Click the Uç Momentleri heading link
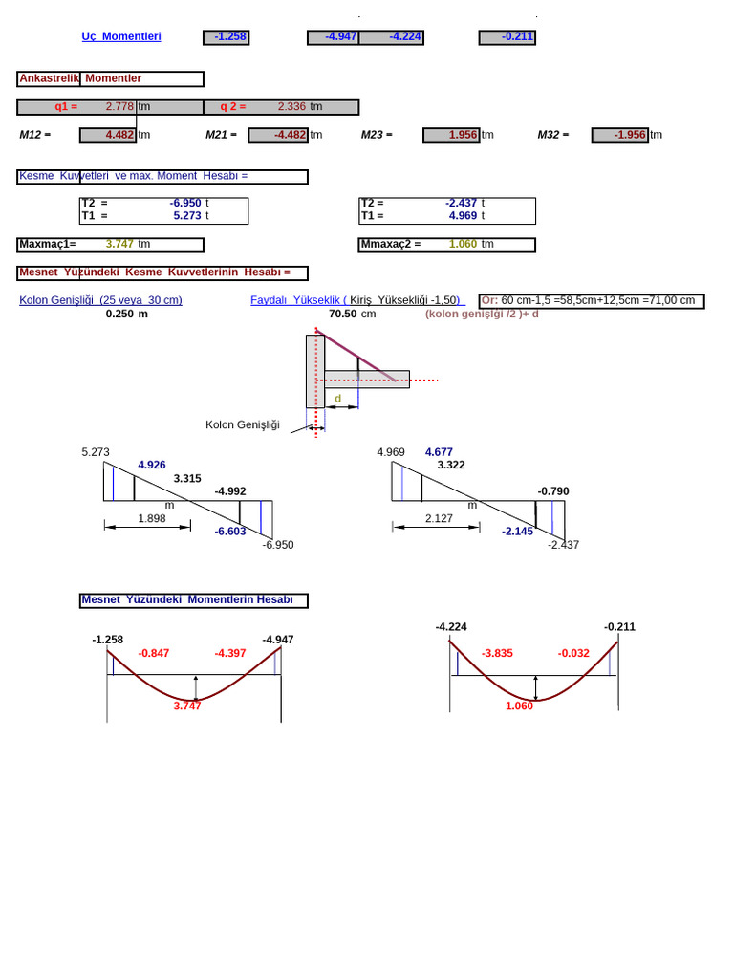(121, 37)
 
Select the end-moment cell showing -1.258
(226, 37)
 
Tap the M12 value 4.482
(108, 135)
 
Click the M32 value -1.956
(619, 135)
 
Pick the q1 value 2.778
(119, 107)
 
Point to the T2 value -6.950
(185, 203)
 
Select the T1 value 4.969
(464, 215)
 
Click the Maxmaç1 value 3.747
(119, 244)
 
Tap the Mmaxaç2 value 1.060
(464, 244)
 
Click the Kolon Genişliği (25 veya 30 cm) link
(100, 300)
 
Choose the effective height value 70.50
(343, 314)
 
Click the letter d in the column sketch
(337, 399)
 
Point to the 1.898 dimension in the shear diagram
(152, 519)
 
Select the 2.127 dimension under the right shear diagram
(439, 519)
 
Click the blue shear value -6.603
(230, 532)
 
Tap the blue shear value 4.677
(439, 452)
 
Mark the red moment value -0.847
(154, 653)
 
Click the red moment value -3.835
(497, 653)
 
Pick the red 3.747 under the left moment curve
(187, 707)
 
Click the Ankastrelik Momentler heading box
(110, 78)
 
